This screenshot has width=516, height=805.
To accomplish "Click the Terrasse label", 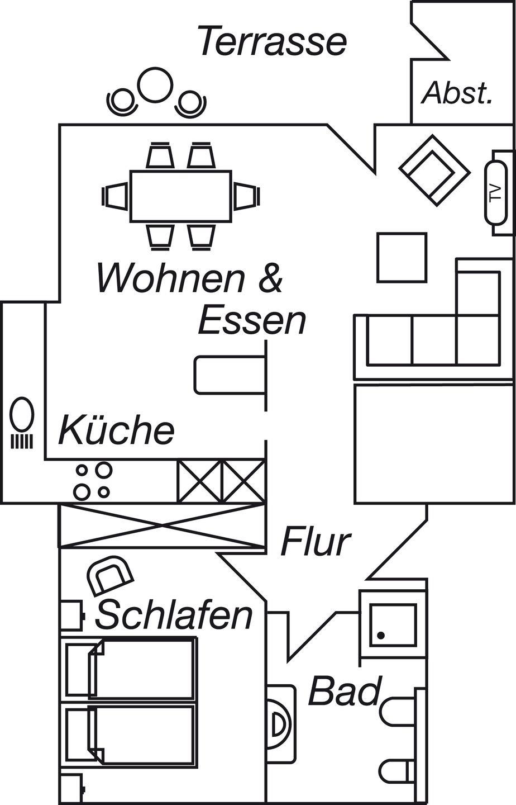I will coord(273,41).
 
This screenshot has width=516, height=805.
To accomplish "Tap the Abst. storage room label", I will coord(457,93).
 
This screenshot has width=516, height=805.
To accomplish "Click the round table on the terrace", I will coord(155,85).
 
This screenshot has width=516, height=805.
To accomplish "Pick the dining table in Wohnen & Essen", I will coord(180,196).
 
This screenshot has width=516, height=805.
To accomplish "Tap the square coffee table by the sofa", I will coord(402,258).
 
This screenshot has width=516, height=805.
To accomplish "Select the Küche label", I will coord(116,430).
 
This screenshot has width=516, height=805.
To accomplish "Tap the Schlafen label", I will coord(174,615).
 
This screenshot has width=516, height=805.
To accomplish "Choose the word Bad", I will coord(345,691).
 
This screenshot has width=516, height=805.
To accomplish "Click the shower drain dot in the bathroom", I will coord(381,636).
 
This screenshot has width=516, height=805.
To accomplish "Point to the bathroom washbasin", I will coord(281,724).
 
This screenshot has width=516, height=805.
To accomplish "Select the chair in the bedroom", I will coord(112,575).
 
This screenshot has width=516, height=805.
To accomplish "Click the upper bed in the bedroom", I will coord(131,667).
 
